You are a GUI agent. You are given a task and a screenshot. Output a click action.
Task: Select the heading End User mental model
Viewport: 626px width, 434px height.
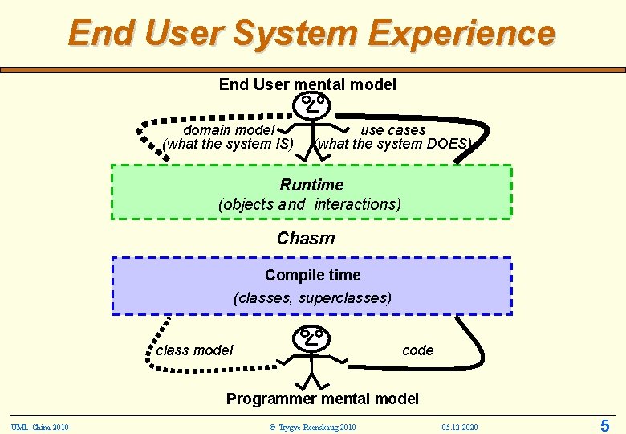click(307, 84)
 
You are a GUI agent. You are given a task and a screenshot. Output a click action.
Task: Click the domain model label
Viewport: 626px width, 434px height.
click(229, 130)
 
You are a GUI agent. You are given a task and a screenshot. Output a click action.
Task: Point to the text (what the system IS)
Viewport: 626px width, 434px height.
click(228, 145)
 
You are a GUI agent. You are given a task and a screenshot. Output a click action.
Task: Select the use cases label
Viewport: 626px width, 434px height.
click(393, 130)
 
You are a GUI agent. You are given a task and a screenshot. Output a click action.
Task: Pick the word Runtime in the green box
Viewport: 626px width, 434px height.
click(311, 185)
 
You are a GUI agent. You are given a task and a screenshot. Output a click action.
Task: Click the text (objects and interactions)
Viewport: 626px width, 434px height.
click(310, 204)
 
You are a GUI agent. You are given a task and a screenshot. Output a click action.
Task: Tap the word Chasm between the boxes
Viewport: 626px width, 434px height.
click(306, 239)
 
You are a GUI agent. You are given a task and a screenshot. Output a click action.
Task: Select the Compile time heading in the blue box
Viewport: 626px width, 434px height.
click(313, 275)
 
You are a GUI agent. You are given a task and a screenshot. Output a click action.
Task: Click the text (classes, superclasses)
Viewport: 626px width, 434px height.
click(313, 298)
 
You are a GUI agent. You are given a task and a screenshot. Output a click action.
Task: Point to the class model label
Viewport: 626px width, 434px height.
click(195, 350)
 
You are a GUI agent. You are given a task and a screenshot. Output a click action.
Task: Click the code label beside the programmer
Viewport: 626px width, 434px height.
click(417, 350)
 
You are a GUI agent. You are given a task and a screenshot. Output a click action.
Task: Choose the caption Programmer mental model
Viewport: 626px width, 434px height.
click(323, 399)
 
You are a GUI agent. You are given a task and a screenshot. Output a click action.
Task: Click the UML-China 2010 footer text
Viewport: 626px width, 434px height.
click(40, 426)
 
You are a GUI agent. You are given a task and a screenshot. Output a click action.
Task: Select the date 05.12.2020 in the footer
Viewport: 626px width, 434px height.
click(460, 426)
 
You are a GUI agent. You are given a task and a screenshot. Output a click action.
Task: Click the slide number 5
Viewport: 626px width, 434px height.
click(605, 426)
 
